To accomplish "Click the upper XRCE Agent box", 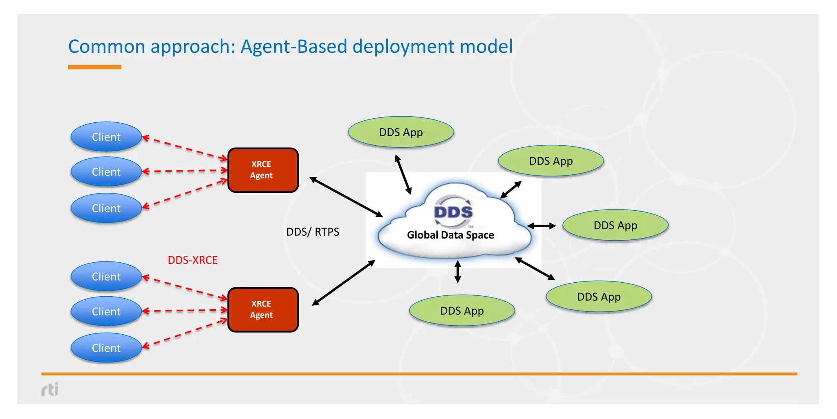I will click(x=263, y=170).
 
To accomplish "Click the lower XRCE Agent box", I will click(x=263, y=310).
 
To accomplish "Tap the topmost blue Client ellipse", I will click(x=106, y=137).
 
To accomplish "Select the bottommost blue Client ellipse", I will click(x=106, y=348).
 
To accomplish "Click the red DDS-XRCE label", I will click(x=192, y=260).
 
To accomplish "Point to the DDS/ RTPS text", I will click(x=313, y=232).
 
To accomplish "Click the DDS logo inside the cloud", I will click(x=453, y=212).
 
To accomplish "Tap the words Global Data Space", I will click(x=450, y=235).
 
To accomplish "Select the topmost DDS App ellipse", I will click(x=401, y=132).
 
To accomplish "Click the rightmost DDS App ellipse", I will click(x=615, y=225).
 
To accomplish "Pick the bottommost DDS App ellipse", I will click(x=462, y=311).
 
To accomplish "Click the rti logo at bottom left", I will click(x=50, y=389).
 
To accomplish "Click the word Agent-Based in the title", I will click(x=294, y=47).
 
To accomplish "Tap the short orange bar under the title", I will click(x=94, y=67).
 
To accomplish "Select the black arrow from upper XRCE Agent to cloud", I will click(x=346, y=197).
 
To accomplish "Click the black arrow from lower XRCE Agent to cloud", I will click(x=343, y=283).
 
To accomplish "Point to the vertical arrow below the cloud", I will click(x=458, y=272).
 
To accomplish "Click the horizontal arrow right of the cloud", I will click(x=542, y=226).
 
